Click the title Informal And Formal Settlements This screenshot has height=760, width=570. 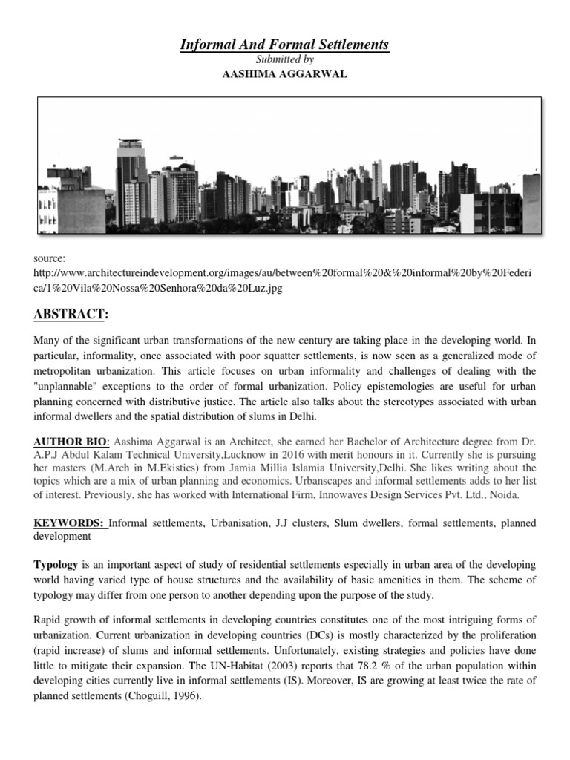click(285, 45)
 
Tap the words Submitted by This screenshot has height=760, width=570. click(285, 60)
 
